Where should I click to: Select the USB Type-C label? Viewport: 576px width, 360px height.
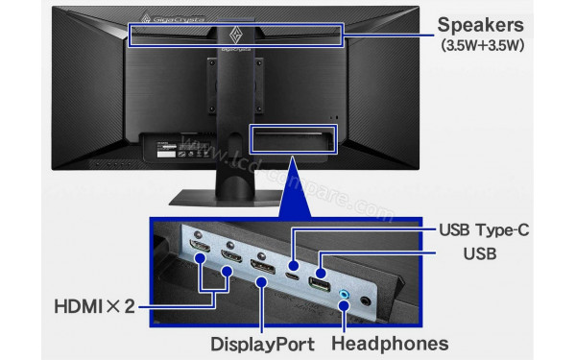[483, 230]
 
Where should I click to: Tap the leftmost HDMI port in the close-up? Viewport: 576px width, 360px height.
[201, 255]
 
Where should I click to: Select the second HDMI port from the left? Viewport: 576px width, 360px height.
[230, 257]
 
